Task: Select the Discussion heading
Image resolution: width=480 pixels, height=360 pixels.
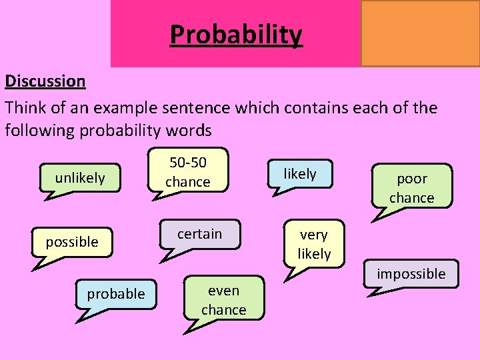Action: [x=45, y=81]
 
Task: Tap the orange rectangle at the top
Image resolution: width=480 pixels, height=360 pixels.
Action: [x=420, y=33]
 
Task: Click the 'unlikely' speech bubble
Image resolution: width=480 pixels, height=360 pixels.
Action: [x=80, y=178]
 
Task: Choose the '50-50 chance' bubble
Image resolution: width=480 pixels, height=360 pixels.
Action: [x=188, y=172]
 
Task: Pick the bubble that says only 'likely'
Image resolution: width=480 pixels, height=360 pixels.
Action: [x=300, y=174]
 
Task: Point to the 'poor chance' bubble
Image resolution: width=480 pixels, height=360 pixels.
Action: [x=411, y=188]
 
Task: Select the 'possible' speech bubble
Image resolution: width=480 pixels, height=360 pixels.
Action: [x=72, y=241]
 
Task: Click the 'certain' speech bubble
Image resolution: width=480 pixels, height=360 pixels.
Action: [x=199, y=233]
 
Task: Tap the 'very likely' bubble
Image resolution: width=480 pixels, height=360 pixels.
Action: [x=314, y=244]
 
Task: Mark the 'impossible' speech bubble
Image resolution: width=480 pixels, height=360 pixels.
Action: [x=411, y=273]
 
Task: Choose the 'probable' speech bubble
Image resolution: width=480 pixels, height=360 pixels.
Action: [x=115, y=293]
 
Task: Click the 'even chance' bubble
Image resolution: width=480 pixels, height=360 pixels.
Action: [x=224, y=300]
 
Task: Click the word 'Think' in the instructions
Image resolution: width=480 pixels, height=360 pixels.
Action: [x=25, y=107]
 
